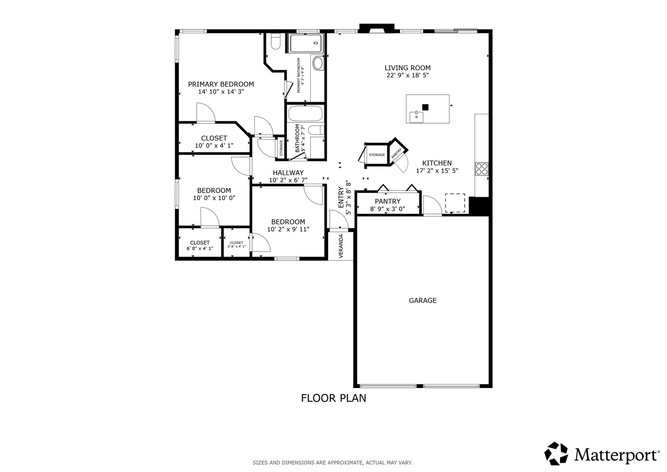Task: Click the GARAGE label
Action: click(x=422, y=301)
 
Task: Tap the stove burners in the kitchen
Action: click(x=482, y=169)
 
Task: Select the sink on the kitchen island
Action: click(x=416, y=116)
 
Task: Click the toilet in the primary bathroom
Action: click(x=276, y=43)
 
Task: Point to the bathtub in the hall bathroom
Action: click(x=305, y=113)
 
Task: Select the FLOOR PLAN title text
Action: click(x=333, y=398)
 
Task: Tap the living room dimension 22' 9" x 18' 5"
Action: click(x=407, y=75)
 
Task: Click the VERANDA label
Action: click(x=341, y=246)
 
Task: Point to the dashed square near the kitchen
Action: click(x=455, y=203)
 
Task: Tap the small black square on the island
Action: click(x=425, y=107)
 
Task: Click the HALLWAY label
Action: click(x=288, y=173)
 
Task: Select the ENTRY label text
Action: click(x=341, y=197)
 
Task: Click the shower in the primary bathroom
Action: click(x=305, y=43)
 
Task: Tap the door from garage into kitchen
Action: click(x=432, y=206)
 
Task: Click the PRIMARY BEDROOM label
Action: click(x=221, y=84)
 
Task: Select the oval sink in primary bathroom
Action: click(x=318, y=63)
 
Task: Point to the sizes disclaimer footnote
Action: click(x=332, y=463)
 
